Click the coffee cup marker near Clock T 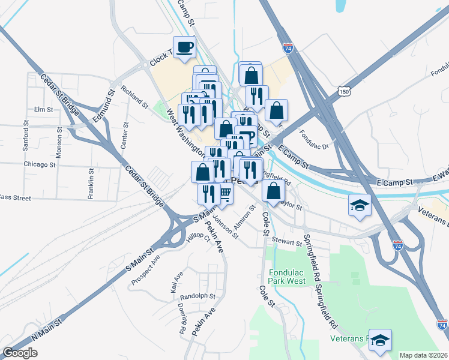(x=184, y=47)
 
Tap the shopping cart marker (x=225, y=194)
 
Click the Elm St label (x=44, y=109)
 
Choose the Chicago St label (x=40, y=164)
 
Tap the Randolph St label (x=197, y=296)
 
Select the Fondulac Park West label (x=288, y=276)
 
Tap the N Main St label (x=47, y=331)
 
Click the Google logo (x=20, y=352)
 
